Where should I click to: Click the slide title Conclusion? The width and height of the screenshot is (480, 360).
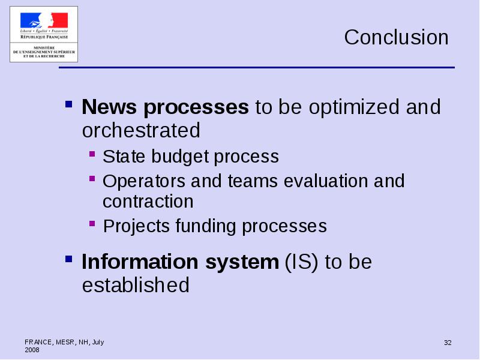(x=396, y=37)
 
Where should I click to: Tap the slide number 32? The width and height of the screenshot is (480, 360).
(x=448, y=343)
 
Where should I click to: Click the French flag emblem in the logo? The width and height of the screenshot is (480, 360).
(x=44, y=20)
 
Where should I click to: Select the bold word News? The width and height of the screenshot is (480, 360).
(x=109, y=107)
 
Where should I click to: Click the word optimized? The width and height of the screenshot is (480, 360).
(x=354, y=107)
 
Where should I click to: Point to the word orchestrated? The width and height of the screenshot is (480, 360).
(x=141, y=130)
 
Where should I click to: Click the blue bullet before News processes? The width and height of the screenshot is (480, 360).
(x=69, y=104)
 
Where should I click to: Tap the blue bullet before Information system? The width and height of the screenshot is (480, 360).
(x=69, y=259)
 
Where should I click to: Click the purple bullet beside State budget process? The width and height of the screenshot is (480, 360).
(x=92, y=154)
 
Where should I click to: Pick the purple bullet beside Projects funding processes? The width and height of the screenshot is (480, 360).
(x=92, y=223)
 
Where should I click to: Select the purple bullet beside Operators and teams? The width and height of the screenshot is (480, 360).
(x=92, y=178)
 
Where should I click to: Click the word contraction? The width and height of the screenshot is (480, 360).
(x=148, y=202)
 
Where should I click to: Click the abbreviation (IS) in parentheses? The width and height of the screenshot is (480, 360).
(x=302, y=262)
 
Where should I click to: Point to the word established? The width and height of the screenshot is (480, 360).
(x=136, y=285)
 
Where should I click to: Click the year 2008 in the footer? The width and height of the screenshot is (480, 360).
(x=32, y=350)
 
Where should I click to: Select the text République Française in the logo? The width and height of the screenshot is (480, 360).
(x=44, y=37)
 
